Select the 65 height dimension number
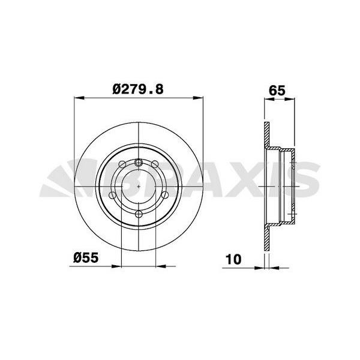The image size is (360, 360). click(x=276, y=91)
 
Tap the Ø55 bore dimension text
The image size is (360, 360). click(x=86, y=258)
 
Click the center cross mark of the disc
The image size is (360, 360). click(x=139, y=187)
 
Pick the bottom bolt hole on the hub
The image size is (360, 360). click(x=139, y=214)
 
